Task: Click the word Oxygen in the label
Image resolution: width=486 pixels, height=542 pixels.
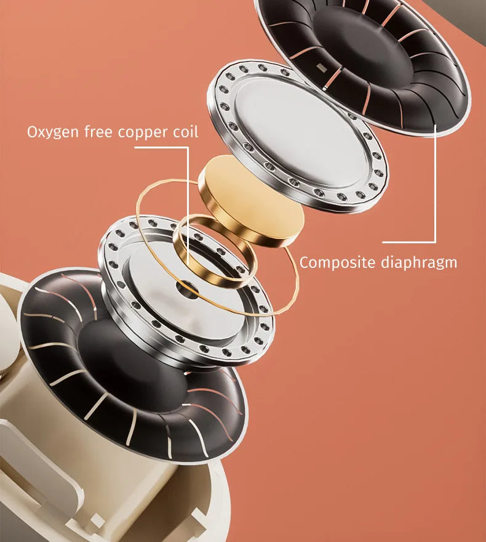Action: coord(53,132)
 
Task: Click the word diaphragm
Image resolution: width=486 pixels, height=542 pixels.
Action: coord(419,263)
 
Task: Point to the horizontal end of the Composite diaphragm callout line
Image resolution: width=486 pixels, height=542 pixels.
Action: coord(383,242)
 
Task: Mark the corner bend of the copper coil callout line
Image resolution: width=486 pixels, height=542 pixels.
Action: coord(188,148)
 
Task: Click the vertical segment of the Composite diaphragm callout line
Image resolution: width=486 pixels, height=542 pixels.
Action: coord(436,183)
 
